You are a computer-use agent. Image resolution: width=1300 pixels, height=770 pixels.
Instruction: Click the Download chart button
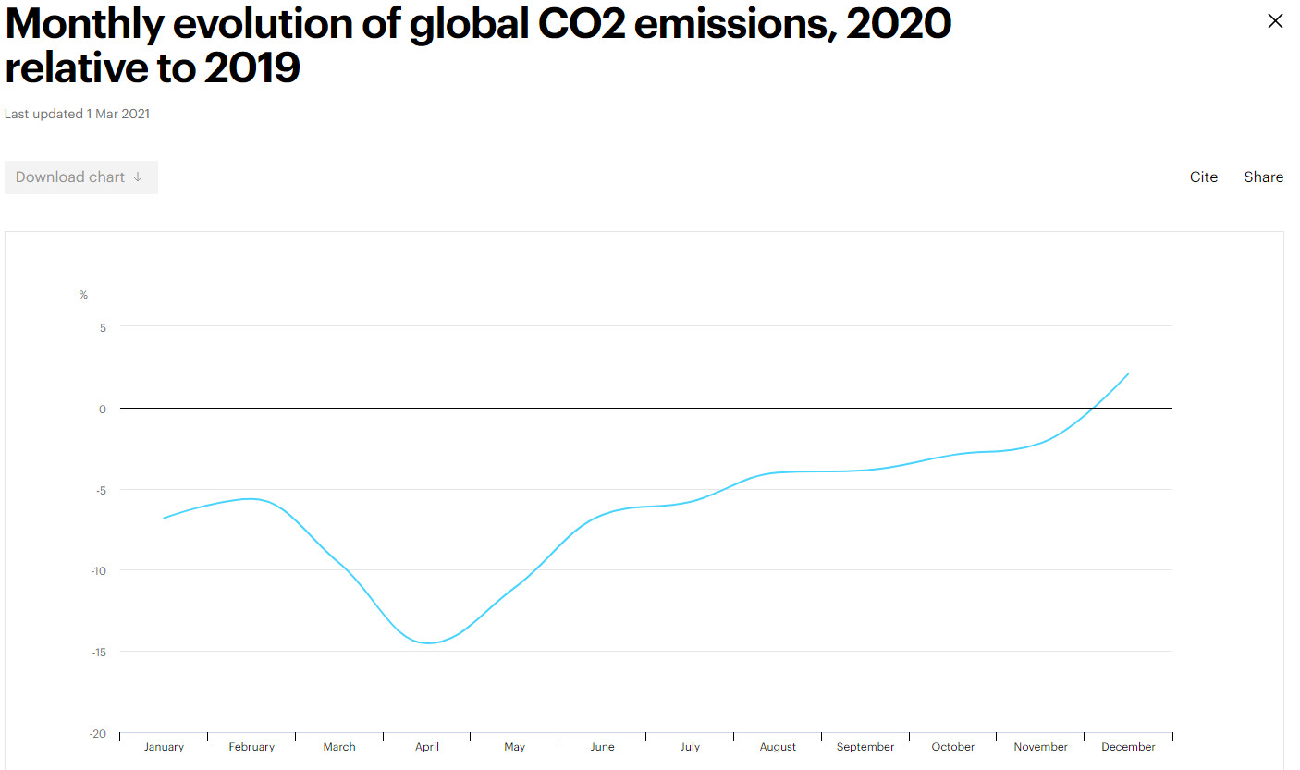(80, 177)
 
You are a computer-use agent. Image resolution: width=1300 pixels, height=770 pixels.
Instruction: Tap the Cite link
(1203, 177)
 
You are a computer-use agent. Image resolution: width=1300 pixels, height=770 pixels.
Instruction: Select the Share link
(1263, 177)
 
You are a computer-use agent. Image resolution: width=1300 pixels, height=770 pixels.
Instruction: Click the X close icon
(1275, 21)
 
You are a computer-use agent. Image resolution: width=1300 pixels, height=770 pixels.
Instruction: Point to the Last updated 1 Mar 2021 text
(78, 114)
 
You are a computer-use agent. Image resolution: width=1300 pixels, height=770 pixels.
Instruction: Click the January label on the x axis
(164, 747)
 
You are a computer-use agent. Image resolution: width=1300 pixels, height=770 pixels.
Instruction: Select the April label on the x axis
(427, 747)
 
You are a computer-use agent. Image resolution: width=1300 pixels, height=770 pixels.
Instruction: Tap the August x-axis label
(778, 747)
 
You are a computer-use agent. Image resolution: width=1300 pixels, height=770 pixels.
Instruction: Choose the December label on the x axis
(1128, 747)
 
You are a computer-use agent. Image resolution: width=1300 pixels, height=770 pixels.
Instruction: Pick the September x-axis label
(865, 747)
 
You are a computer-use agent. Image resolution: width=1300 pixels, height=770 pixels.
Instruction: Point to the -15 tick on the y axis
(99, 652)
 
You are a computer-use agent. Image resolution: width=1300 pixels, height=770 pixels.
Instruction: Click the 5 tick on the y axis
(103, 327)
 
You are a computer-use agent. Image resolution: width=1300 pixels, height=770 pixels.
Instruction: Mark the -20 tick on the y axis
(98, 734)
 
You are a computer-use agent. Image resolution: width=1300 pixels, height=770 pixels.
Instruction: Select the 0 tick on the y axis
(103, 409)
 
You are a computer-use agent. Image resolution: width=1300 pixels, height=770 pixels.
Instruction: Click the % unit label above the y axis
(83, 295)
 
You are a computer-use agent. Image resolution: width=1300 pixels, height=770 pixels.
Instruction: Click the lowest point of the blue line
(428, 643)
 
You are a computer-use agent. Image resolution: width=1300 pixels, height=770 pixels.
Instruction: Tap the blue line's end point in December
(1129, 373)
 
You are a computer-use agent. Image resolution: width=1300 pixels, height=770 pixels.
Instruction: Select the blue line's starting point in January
(164, 518)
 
